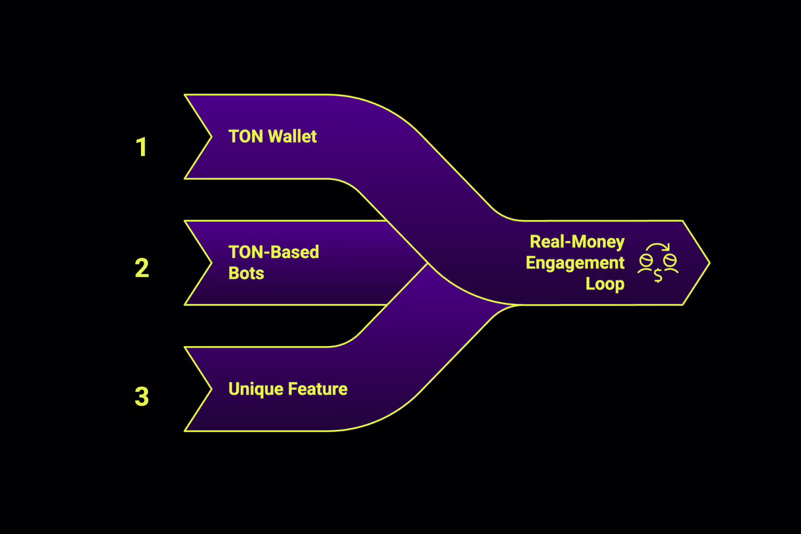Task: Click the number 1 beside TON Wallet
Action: tap(142, 147)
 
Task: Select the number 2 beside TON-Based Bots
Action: tap(142, 268)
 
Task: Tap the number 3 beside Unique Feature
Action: tap(142, 397)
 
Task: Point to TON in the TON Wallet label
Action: tap(246, 137)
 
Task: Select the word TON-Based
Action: tap(273, 252)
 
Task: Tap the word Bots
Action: tap(246, 273)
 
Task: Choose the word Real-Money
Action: tap(577, 242)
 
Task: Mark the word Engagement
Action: tap(575, 263)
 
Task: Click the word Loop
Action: tap(604, 284)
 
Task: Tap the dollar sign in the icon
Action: tap(658, 276)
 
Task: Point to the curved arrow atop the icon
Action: tap(658, 247)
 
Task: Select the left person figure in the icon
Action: tap(646, 263)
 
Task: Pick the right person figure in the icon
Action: tap(670, 263)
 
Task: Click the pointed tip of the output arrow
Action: tap(708, 263)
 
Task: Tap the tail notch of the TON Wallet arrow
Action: tap(210, 137)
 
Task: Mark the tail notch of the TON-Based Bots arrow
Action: tap(210, 263)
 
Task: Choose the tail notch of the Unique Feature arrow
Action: tap(210, 389)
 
